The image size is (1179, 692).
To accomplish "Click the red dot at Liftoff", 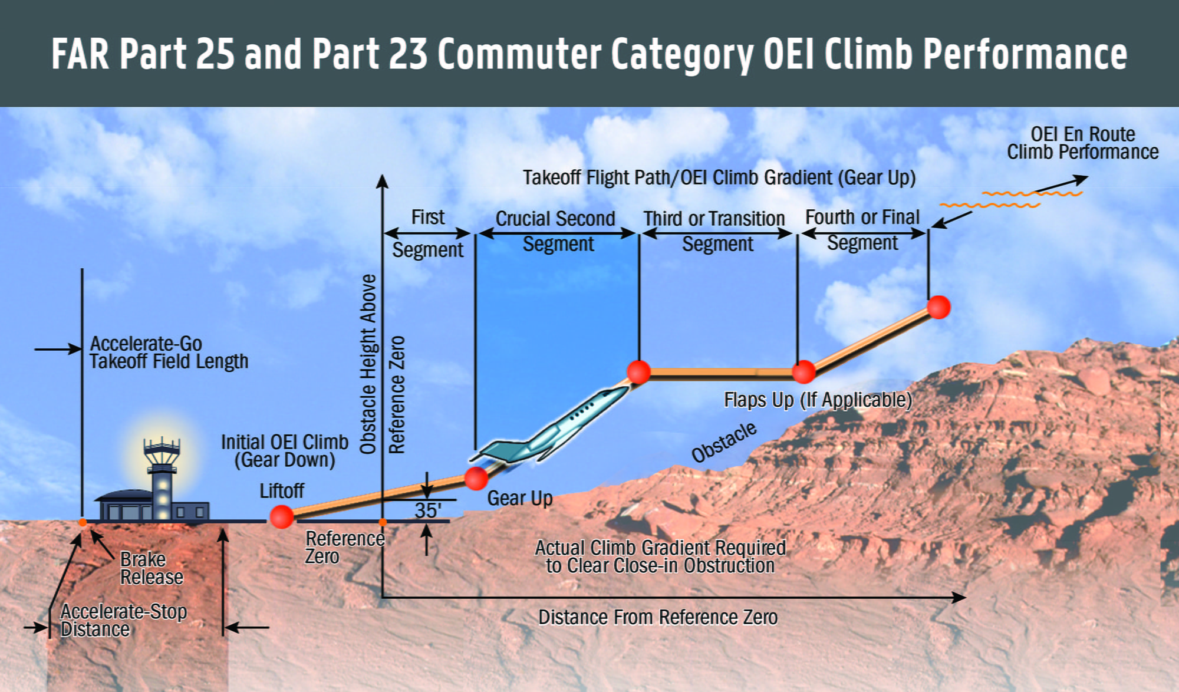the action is coord(282,516).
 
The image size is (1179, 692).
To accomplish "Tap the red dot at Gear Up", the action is coord(476,478).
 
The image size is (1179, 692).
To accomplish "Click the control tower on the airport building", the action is coord(162,477).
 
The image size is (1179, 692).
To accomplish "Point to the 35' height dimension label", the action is coord(428,510).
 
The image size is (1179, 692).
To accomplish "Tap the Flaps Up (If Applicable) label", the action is coord(818,400).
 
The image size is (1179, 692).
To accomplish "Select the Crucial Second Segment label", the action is coord(556,231).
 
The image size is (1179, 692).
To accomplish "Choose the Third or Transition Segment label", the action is coord(715,231).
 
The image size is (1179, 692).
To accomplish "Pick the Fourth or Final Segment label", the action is coord(862,230).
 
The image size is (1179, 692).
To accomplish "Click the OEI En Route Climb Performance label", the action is coord(1082,143).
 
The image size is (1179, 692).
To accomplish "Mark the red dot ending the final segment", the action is coord(938,307).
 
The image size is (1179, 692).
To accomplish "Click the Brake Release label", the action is coord(152,568).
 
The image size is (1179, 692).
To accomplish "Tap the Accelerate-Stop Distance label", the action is coord(123,621).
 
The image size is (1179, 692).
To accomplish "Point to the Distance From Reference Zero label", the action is coord(658,617).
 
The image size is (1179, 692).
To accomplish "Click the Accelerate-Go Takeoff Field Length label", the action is coord(169,352).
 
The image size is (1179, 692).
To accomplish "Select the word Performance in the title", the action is coord(1025,54).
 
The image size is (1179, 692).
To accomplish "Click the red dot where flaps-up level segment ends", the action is coord(803,372).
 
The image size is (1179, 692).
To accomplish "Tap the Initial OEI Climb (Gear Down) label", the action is coord(285,451).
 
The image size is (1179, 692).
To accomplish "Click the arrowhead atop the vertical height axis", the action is coord(383,181).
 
